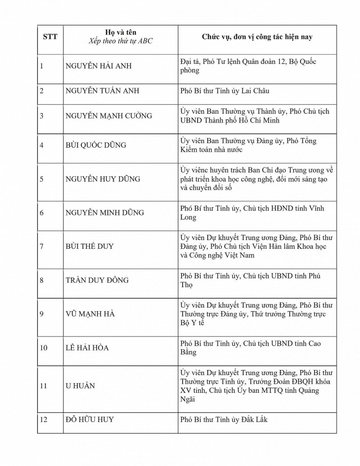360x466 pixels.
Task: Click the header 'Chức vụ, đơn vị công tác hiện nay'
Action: [257, 37]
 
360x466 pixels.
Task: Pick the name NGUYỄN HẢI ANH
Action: [99, 66]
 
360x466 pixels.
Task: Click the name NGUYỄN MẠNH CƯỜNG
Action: [109, 116]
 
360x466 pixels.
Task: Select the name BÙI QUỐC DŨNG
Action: [95, 145]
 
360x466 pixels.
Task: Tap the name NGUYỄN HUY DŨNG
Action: [102, 179]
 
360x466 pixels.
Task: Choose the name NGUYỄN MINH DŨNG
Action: [105, 213]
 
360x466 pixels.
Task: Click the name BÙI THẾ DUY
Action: [89, 247]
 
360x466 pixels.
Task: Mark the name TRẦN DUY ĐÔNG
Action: [97, 281]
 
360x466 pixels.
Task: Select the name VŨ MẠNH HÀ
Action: [89, 314]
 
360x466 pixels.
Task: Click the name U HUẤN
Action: [80, 386]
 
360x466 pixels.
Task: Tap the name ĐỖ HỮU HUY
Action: [89, 420]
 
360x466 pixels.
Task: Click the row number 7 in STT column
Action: [41, 247]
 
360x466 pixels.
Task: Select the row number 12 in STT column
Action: [43, 420]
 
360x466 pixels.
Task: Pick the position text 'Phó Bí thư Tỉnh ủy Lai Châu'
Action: [225, 91]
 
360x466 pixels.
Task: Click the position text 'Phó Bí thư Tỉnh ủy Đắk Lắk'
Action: [224, 420]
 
